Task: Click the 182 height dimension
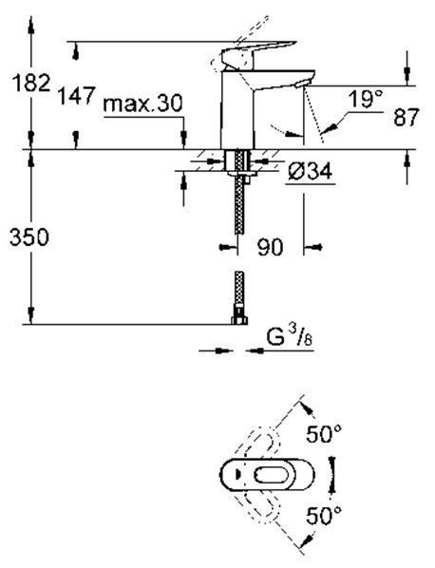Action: (x=31, y=83)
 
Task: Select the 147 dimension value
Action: (x=77, y=96)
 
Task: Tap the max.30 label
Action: (x=142, y=104)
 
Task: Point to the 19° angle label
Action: (x=365, y=99)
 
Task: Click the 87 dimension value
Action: (x=406, y=117)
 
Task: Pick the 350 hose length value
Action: (x=29, y=237)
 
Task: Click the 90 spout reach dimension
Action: (x=270, y=247)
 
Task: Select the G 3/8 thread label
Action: (x=290, y=338)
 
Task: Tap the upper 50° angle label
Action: (x=324, y=434)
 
